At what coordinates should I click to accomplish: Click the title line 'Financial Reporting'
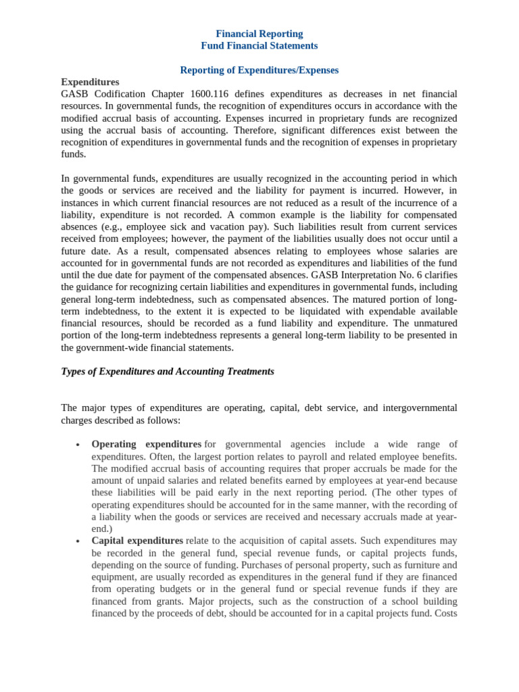(x=259, y=34)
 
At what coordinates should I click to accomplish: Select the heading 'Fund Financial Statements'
(x=259, y=46)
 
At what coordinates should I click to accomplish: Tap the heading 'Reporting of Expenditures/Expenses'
(x=259, y=70)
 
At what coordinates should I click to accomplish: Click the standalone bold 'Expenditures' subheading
(x=90, y=82)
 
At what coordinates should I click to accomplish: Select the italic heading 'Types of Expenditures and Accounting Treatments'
(x=168, y=372)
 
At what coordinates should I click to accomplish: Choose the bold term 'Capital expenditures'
(x=137, y=541)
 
